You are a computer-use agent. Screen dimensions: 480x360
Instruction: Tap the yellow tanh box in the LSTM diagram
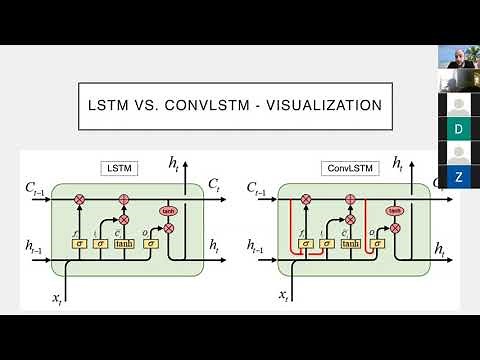[x=124, y=243]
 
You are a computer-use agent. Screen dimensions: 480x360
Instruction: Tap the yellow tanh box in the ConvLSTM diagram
[x=350, y=243]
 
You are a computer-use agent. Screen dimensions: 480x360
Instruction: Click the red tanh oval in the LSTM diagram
[x=168, y=211]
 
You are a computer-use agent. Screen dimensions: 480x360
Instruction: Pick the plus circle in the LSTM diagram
[x=124, y=199]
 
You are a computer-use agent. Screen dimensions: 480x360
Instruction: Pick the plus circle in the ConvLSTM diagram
[x=350, y=199]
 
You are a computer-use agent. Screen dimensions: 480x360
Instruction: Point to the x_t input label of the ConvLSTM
[x=285, y=296]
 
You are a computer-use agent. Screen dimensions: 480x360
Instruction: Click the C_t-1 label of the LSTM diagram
[x=34, y=187]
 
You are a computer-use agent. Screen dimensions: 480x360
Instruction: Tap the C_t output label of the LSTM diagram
[x=214, y=185]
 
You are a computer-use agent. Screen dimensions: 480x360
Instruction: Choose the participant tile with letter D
[x=459, y=129]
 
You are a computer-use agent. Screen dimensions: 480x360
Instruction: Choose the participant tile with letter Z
[x=459, y=177]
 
